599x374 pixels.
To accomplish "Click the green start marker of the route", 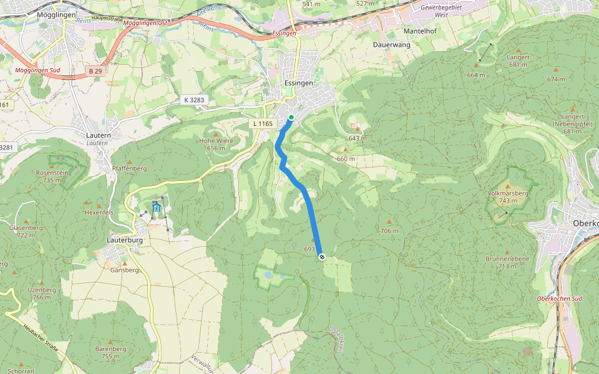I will [x=291, y=117].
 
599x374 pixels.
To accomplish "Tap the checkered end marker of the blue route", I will [x=321, y=256].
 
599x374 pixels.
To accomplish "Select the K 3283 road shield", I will [x=194, y=100].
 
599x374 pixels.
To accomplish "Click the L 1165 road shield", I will [x=263, y=123].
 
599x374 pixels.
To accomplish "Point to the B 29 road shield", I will [x=95, y=72].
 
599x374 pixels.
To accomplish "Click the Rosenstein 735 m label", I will [x=51, y=176].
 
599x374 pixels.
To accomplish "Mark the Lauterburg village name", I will [x=125, y=239].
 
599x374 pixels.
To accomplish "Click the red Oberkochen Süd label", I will [x=559, y=299].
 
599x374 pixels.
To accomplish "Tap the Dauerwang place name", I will [x=391, y=45].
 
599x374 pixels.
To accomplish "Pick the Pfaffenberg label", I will [x=129, y=168].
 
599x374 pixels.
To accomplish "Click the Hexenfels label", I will [x=98, y=212].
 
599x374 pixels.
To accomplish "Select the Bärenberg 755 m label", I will [x=110, y=352].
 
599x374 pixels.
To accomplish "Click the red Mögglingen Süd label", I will [x=37, y=70].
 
